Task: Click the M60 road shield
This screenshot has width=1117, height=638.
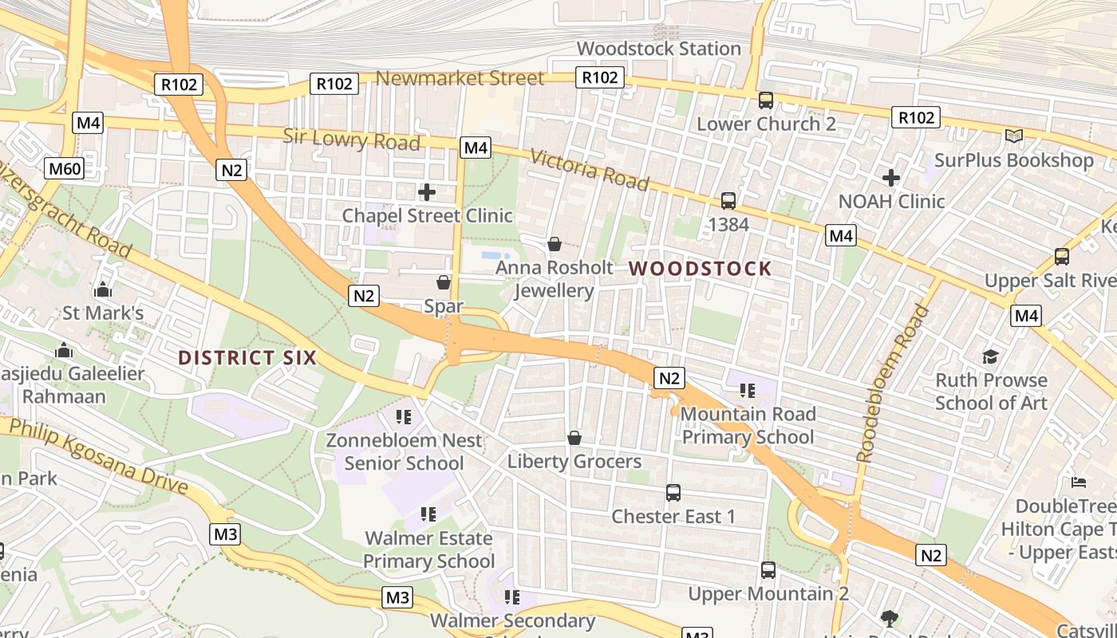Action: point(65,168)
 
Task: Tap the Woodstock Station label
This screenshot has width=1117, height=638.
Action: point(659,49)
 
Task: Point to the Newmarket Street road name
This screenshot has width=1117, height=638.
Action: point(460,78)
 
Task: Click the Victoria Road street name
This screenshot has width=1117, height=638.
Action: point(589,170)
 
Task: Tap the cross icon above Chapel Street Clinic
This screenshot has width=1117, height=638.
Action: point(427,192)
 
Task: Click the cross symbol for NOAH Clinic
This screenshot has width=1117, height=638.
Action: point(891,178)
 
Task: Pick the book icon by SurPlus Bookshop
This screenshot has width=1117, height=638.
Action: point(1014,136)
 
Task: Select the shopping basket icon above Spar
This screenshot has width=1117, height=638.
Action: point(444,282)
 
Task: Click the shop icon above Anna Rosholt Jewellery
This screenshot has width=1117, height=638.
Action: point(554,243)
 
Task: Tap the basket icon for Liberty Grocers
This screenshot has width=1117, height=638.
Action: point(574,438)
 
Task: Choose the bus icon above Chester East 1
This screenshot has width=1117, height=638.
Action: point(673,493)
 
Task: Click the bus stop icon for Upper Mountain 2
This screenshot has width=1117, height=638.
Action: point(768,570)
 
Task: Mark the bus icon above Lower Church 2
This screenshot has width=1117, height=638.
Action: point(766,100)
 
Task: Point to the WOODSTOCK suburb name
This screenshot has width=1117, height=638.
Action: point(700,269)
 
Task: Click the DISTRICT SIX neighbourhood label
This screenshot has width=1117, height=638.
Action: point(247,357)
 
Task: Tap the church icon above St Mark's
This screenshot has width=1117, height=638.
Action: point(103,289)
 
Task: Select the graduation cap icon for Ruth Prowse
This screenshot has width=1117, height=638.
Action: point(990,356)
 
